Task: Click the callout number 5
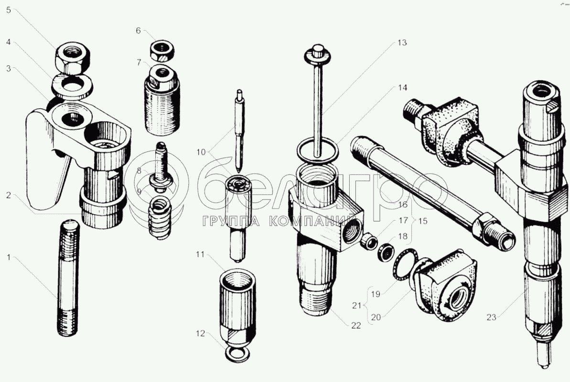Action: pyautogui.click(x=8, y=10)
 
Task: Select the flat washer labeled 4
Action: pyautogui.click(x=72, y=86)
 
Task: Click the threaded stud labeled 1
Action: pyautogui.click(x=68, y=278)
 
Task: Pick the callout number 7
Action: pyautogui.click(x=139, y=63)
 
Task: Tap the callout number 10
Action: pyautogui.click(x=201, y=152)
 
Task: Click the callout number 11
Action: pyautogui.click(x=200, y=255)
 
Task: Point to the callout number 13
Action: pyautogui.click(x=402, y=42)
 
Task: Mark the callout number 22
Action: pyautogui.click(x=356, y=326)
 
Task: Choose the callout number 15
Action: pyautogui.click(x=423, y=221)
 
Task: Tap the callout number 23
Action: pyautogui.click(x=492, y=318)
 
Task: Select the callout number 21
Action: pyautogui.click(x=356, y=305)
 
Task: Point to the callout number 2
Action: pyautogui.click(x=8, y=195)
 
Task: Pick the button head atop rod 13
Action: pyautogui.click(x=318, y=53)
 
